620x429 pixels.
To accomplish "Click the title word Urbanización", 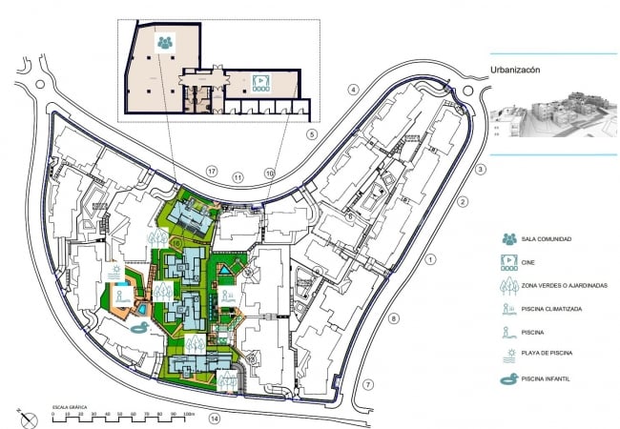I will coord(522,70).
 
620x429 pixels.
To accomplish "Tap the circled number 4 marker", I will coord(352,90).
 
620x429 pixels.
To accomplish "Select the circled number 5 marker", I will coord(311,134).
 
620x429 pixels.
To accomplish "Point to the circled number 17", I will coord(212,172).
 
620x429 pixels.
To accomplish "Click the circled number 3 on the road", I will coord(482,170).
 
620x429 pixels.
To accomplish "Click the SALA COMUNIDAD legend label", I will coord(547,238).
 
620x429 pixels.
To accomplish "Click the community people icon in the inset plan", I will coord(166,42).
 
